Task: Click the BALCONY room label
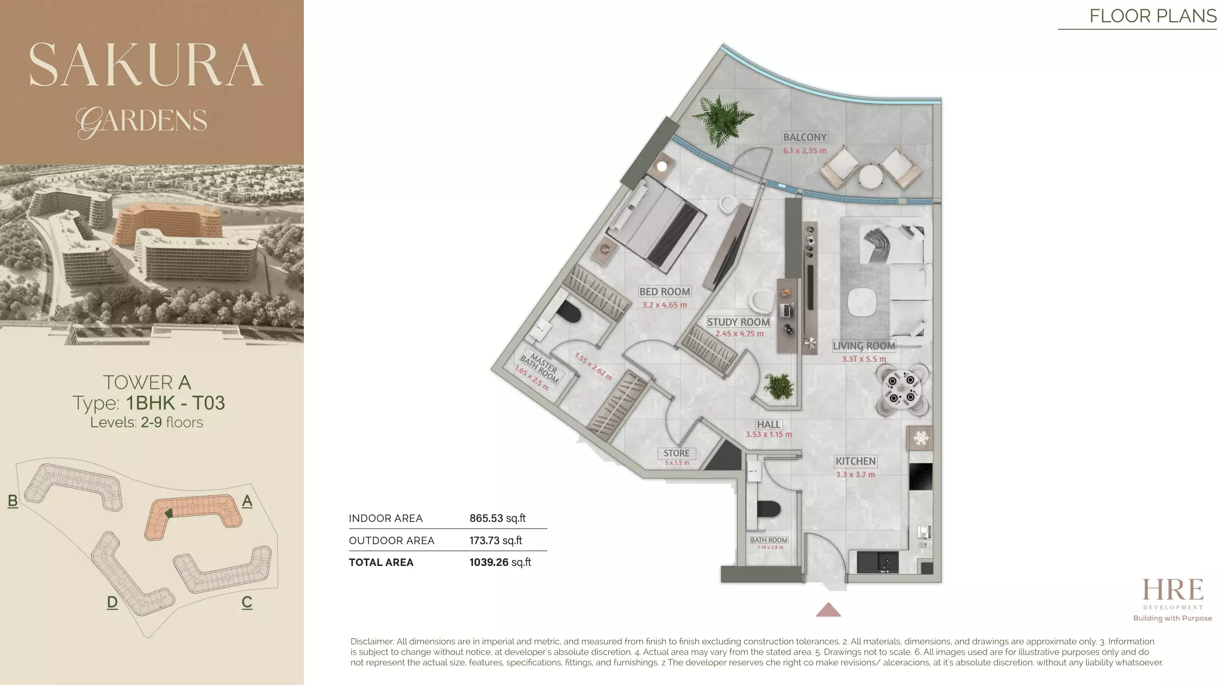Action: coord(804,138)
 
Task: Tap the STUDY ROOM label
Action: coord(738,322)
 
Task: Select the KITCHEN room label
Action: coord(855,461)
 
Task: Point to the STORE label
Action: coord(676,453)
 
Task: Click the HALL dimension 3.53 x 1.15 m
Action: coord(768,434)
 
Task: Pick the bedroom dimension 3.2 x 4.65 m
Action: coord(664,305)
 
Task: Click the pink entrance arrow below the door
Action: coord(828,610)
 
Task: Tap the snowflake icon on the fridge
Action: coord(920,438)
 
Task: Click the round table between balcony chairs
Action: coord(871,176)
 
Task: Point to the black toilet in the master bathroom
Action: coord(568,314)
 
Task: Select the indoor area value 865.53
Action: coord(486,518)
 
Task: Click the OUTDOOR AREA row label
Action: coord(391,540)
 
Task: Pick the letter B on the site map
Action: coord(13,501)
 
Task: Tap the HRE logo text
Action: coord(1172,590)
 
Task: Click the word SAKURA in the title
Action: coord(146,65)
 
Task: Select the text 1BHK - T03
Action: coord(175,403)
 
